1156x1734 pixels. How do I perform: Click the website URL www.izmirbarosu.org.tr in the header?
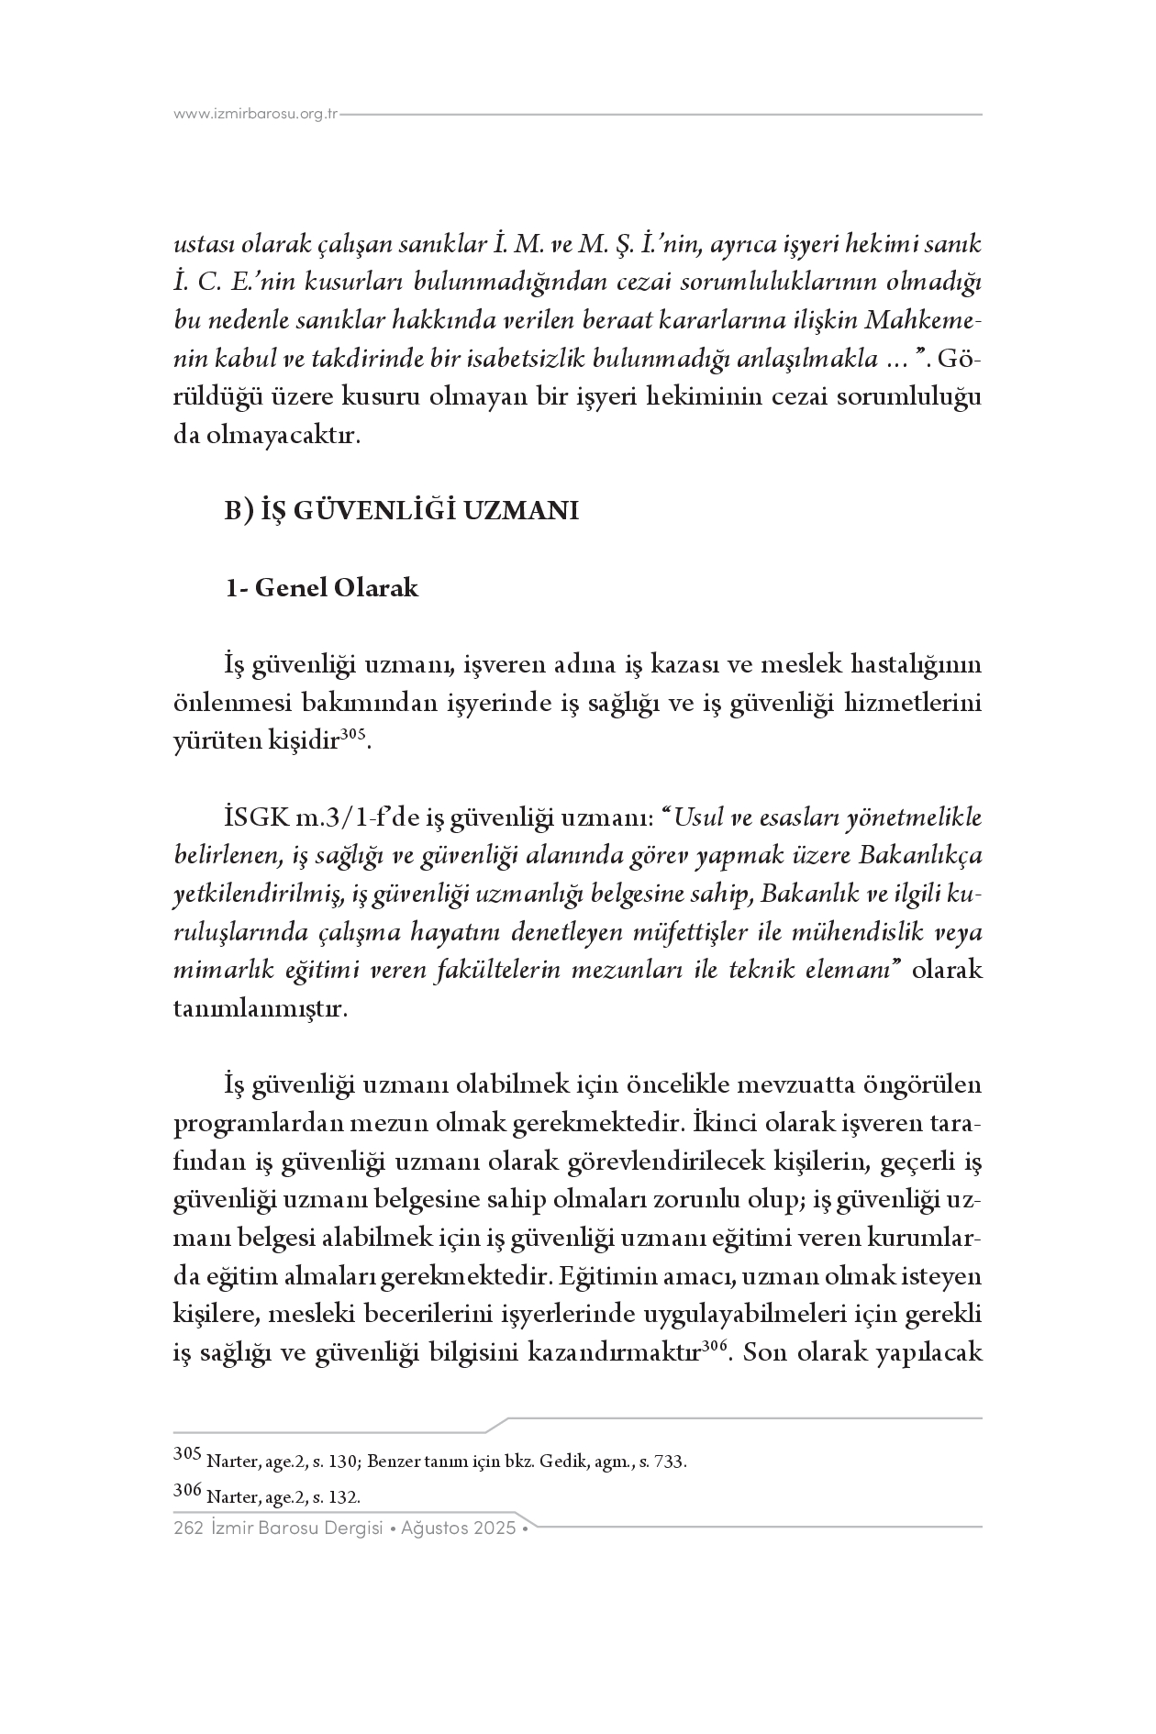256,115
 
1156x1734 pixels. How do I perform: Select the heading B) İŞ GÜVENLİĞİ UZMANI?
402,511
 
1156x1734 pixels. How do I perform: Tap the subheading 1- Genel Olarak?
322,588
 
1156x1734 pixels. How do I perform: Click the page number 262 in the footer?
187,1528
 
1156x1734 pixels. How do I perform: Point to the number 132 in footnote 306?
343,1497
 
